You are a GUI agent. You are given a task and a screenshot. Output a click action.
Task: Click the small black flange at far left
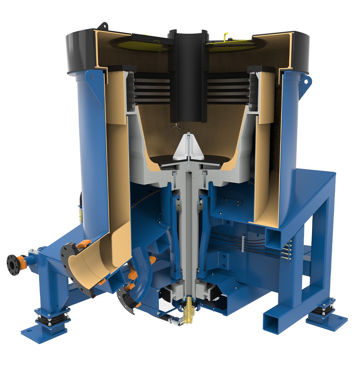click(x=13, y=264)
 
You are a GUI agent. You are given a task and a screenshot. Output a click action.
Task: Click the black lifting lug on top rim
click(x=105, y=26)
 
